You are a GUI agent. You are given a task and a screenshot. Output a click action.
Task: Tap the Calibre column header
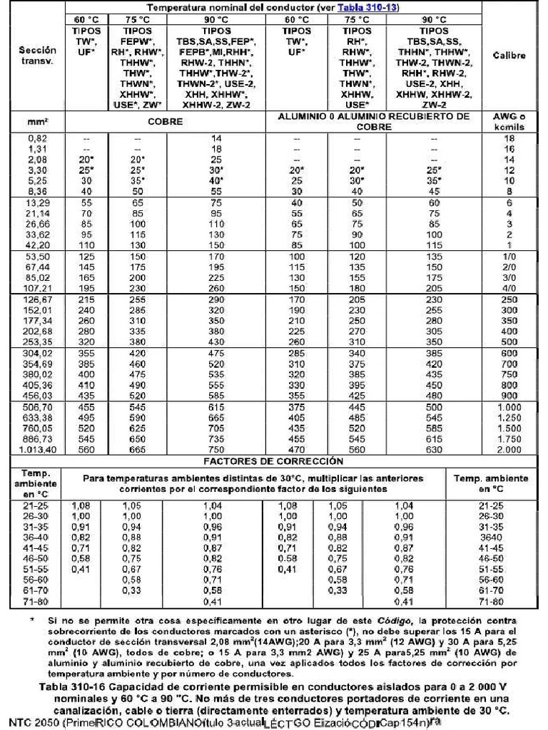[509, 56]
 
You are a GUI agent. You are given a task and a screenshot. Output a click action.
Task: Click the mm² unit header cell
[36, 121]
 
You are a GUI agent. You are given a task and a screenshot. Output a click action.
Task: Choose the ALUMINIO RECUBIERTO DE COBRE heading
[373, 120]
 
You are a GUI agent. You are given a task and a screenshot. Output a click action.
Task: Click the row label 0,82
[36, 138]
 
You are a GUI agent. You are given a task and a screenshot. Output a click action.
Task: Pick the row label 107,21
[36, 287]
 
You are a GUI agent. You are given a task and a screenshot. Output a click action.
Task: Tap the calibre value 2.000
[509, 450]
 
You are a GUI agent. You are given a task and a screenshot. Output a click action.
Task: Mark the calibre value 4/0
[509, 287]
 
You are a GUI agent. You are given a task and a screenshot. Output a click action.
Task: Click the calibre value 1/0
[509, 256]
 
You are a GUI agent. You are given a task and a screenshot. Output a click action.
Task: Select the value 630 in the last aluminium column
[433, 450]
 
